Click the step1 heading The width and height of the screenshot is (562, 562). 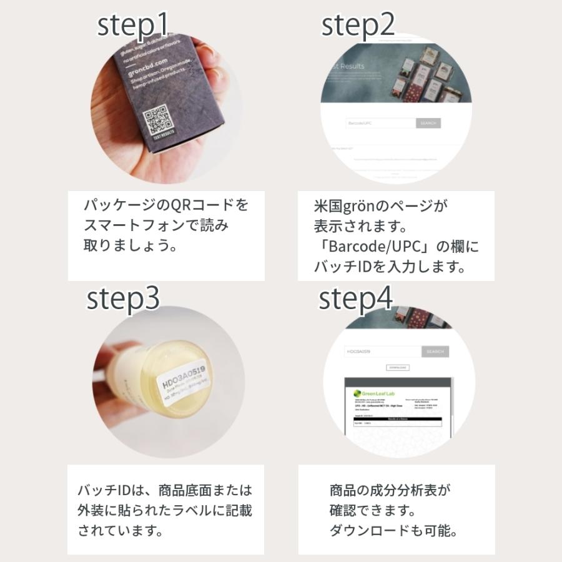(132, 26)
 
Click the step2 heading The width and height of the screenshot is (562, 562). (358, 26)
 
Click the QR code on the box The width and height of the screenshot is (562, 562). (156, 122)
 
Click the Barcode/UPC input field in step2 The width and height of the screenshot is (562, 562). (380, 123)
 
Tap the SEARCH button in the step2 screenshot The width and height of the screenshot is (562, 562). (428, 123)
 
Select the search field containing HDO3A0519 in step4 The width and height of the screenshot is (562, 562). (382, 352)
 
